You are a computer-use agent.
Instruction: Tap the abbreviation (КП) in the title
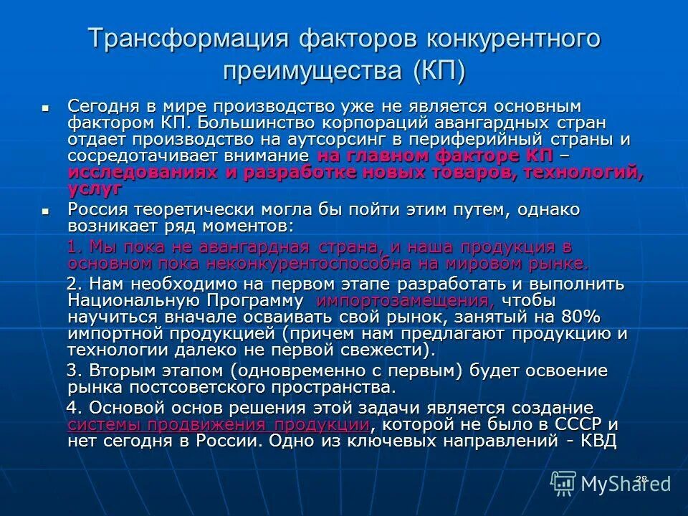pos(438,70)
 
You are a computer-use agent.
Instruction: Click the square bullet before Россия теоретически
pos(45,211)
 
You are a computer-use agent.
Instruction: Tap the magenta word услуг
pos(95,188)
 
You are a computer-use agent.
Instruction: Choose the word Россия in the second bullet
pos(97,210)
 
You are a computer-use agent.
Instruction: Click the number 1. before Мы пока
pos(76,247)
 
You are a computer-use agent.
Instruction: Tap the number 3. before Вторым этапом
pos(76,371)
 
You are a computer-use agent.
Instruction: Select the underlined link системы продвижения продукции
pos(219,424)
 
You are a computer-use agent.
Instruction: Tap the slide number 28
pos(641,478)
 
